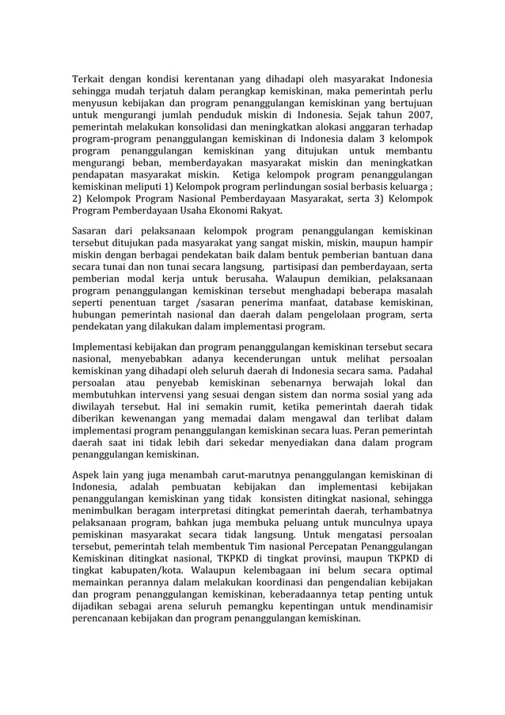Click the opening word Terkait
[90, 79]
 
